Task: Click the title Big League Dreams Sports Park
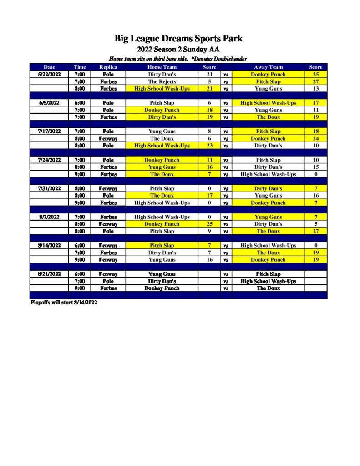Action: (178, 39)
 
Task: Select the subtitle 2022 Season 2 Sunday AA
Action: (178, 50)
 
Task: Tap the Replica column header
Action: (108, 67)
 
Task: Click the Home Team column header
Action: (162, 67)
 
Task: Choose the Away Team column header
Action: (269, 67)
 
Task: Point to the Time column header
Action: (80, 67)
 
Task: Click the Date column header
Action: (49, 67)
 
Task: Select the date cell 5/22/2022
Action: (49, 74)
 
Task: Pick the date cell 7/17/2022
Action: (49, 132)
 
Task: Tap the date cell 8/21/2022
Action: (49, 274)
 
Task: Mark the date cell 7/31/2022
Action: (49, 188)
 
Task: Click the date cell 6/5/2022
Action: (49, 103)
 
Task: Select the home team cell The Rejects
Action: (162, 81)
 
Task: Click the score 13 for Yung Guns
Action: (315, 89)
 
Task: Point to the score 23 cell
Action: (209, 146)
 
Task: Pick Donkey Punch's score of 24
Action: (315, 138)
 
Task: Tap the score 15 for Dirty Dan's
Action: (315, 167)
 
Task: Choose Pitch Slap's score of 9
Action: (209, 231)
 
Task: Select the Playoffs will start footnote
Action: (64, 302)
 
